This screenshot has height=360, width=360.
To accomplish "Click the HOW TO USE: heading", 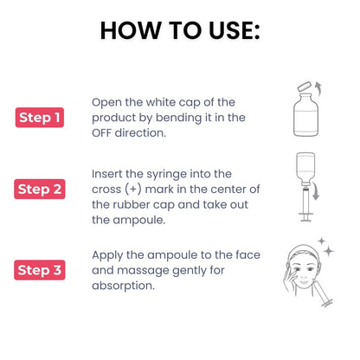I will (179, 30).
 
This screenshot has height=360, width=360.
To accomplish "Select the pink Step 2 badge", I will (41, 188).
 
